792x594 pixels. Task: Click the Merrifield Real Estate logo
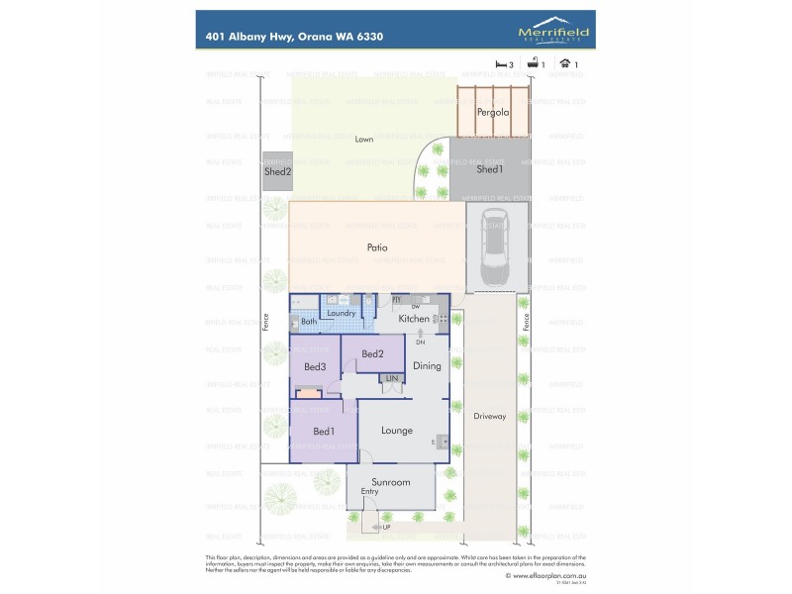pyautogui.click(x=552, y=31)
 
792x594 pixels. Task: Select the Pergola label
pyautogui.click(x=492, y=112)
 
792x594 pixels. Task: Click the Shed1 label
pyautogui.click(x=490, y=169)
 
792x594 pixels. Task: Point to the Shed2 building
pyautogui.click(x=277, y=171)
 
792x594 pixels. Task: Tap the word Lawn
pyautogui.click(x=364, y=140)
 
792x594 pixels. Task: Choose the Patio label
pyautogui.click(x=376, y=247)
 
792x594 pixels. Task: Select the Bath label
pyautogui.click(x=309, y=322)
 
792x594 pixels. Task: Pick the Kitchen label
pyautogui.click(x=414, y=319)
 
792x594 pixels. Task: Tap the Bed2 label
pyautogui.click(x=372, y=353)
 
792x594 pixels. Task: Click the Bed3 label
pyautogui.click(x=315, y=366)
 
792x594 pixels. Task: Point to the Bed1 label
pyautogui.click(x=324, y=431)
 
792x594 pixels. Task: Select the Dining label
pyautogui.click(x=427, y=365)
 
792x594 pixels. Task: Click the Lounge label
pyautogui.click(x=397, y=430)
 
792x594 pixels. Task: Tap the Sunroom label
pyautogui.click(x=390, y=482)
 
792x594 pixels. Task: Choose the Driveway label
pyautogui.click(x=489, y=416)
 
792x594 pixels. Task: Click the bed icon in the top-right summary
pyautogui.click(x=500, y=64)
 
